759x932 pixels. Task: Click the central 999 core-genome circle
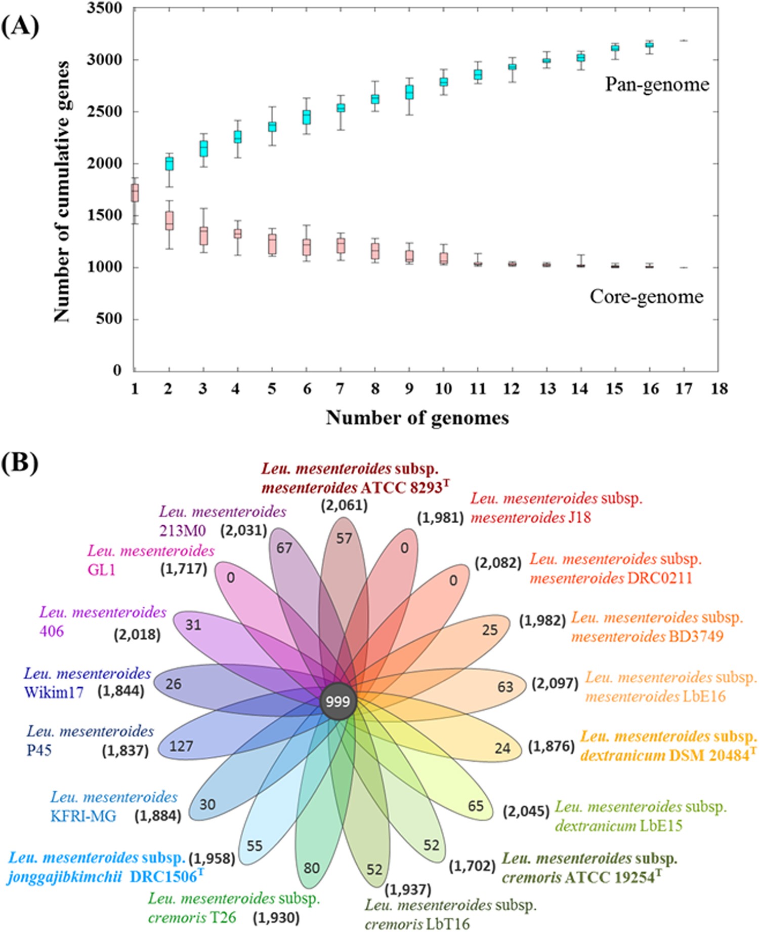[x=338, y=702]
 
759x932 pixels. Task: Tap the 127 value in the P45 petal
[x=181, y=746]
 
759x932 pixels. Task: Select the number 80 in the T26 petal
[x=312, y=868]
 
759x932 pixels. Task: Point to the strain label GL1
[x=102, y=570]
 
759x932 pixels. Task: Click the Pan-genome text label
[x=657, y=85]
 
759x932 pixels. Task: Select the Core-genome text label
[x=646, y=296]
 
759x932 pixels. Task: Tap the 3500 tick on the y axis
[x=105, y=9]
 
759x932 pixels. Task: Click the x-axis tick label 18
[x=719, y=389]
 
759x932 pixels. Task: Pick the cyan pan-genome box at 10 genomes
[x=444, y=82]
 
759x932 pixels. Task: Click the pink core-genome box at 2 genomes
[x=170, y=221]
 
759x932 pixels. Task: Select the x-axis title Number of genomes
[x=417, y=418]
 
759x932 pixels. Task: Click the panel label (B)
[x=20, y=462]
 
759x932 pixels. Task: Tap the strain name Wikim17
[x=54, y=692]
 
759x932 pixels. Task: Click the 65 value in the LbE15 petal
[x=475, y=805]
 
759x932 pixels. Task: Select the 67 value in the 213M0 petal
[x=284, y=548]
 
